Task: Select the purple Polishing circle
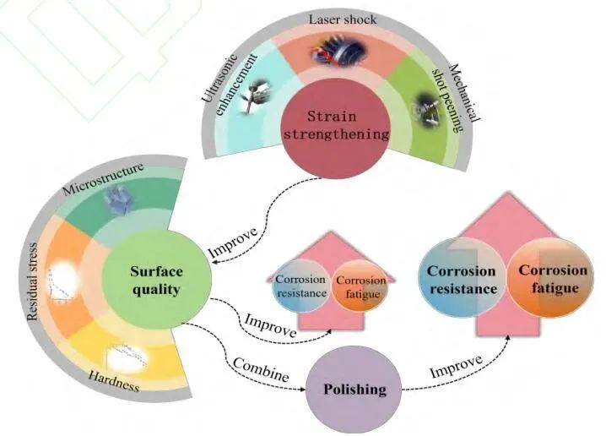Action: pos(355,389)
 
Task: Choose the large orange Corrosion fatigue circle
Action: pos(553,279)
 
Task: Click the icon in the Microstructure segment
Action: pos(115,200)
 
